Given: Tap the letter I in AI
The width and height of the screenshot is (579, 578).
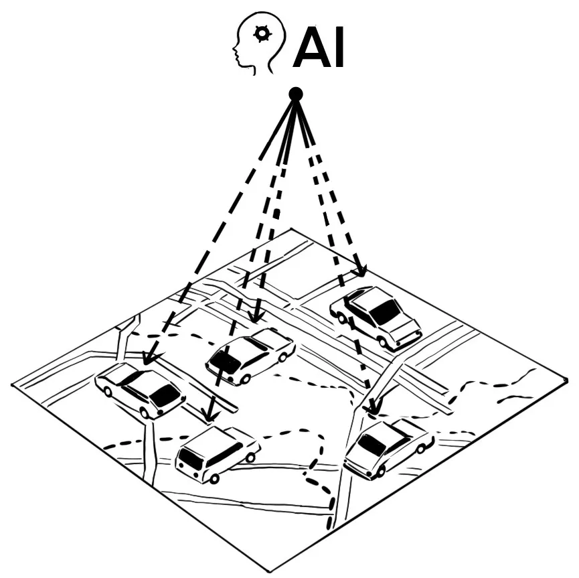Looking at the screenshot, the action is pos(339,48).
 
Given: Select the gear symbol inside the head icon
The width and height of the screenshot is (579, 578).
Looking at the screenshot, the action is pos(262,33).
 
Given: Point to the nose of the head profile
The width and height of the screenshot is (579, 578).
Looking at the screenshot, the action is pos(234,48).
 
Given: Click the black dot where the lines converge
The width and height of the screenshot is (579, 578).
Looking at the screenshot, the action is pos(295,94).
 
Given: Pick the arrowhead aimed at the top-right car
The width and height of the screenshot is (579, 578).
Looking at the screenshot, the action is pos(359,271).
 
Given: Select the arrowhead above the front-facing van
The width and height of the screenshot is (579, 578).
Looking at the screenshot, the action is pos(210,414).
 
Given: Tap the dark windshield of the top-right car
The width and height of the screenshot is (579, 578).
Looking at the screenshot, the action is pos(385,311).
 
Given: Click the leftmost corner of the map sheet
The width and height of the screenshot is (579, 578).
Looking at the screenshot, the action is pos(12,384).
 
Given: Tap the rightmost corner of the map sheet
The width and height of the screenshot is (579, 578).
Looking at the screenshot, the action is pos(566,380).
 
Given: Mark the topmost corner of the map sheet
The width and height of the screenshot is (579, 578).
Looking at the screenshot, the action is pos(291,229).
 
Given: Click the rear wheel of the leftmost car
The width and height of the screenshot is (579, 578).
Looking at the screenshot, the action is pos(108,392).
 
